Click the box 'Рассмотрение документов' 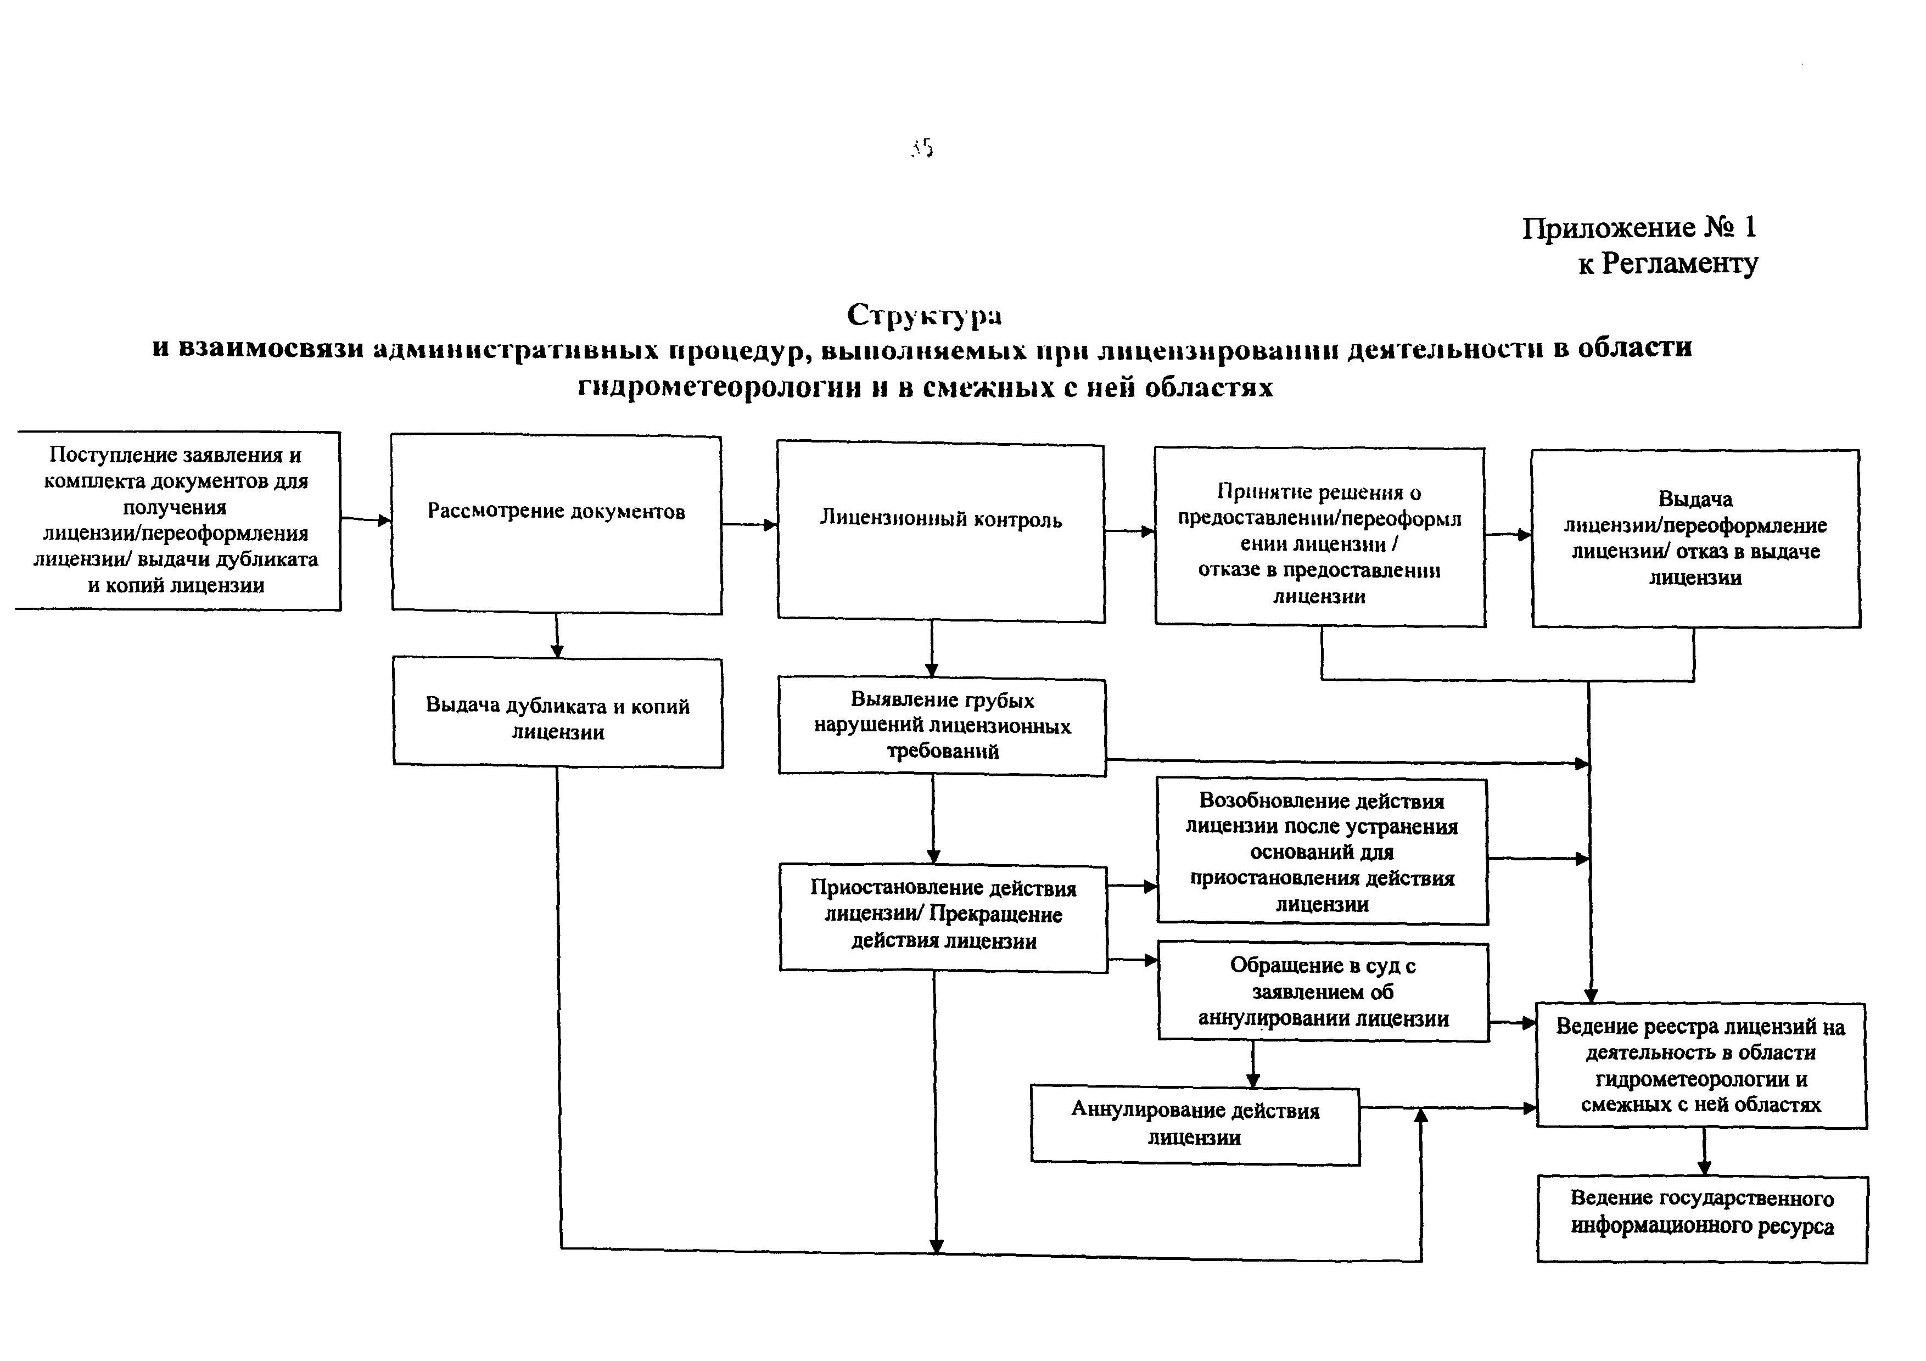(x=556, y=524)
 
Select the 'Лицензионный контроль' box (x=940, y=533)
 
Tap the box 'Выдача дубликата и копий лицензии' (x=558, y=713)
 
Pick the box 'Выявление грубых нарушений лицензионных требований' (x=942, y=726)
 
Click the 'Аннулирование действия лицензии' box (x=1195, y=1124)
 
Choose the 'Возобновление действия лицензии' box (x=1322, y=851)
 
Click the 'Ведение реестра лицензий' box (x=1701, y=1065)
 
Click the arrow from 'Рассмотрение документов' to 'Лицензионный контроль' (x=749, y=525)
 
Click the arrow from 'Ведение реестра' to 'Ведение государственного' (x=1704, y=1151)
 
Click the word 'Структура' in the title (x=923, y=315)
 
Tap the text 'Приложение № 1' (x=1638, y=227)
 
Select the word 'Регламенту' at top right (x=1679, y=264)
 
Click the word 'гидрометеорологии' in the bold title (x=719, y=388)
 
